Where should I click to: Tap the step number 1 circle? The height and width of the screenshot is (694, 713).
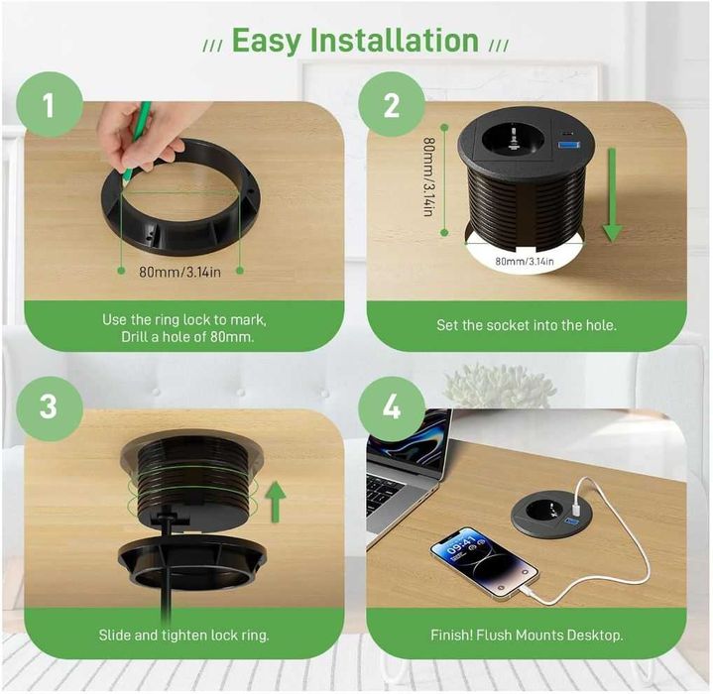[50, 105]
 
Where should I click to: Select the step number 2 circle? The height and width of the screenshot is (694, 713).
[392, 105]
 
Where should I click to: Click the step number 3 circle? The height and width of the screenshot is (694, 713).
[50, 407]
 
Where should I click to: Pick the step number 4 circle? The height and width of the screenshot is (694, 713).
[392, 407]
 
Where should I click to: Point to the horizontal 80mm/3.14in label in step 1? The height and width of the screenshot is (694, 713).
[180, 273]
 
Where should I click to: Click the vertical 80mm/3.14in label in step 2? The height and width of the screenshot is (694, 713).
[428, 176]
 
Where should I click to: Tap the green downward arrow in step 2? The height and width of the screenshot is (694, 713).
[612, 195]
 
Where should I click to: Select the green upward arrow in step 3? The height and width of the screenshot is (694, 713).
[276, 502]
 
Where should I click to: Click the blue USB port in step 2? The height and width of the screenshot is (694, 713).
[569, 145]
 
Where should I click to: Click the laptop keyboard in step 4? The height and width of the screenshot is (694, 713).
[385, 493]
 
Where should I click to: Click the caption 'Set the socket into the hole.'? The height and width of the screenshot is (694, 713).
[527, 325]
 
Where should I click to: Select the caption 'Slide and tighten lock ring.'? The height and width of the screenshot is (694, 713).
[184, 635]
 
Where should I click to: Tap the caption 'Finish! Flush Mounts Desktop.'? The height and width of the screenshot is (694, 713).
[527, 635]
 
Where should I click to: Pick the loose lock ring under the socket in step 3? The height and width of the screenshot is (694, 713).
[192, 562]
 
